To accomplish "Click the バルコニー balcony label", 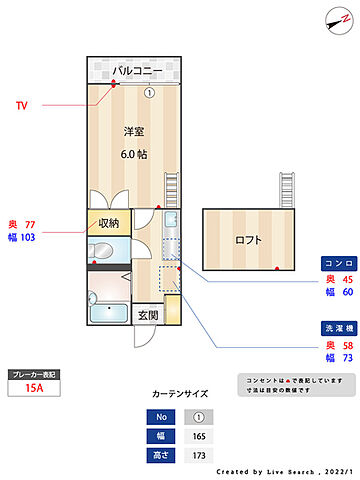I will (133, 71).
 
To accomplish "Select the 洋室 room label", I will (134, 133).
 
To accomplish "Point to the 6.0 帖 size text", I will (134, 154).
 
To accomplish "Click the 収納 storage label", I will (108, 223).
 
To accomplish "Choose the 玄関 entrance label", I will (147, 315).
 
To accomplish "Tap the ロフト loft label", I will (248, 240).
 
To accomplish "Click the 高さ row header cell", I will (160, 455).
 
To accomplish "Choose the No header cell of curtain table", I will (160, 416).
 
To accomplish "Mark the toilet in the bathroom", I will (94, 297).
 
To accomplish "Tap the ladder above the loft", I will (289, 187).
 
